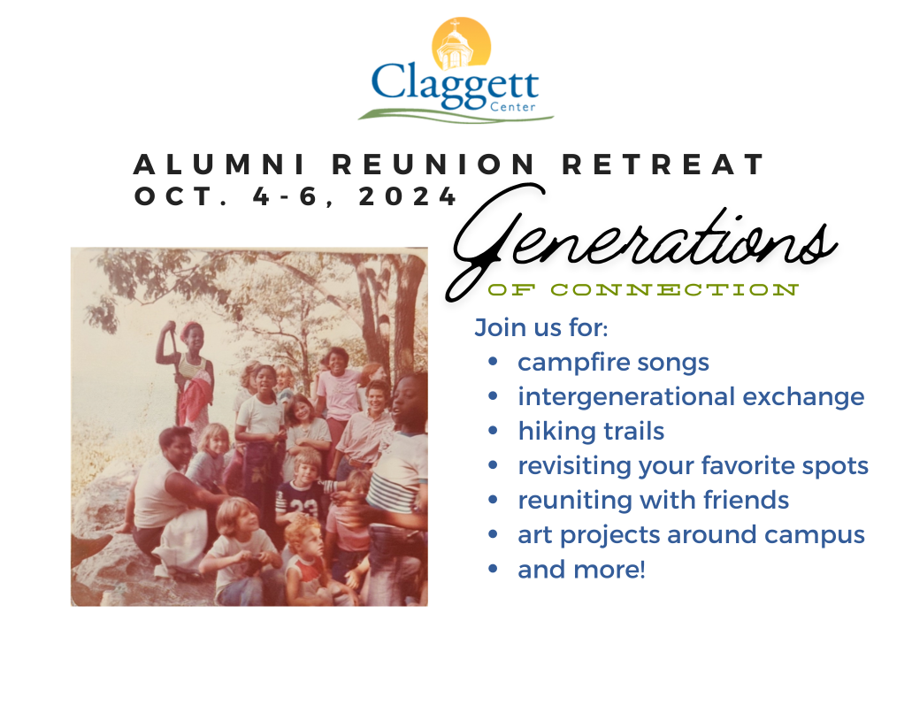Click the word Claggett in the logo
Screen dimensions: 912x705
[x=455, y=86]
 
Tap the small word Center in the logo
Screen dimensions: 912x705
[x=512, y=107]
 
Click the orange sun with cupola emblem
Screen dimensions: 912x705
[x=461, y=43]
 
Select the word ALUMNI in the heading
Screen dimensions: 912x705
[x=219, y=165]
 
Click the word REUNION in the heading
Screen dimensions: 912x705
[x=433, y=165]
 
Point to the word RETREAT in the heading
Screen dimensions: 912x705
[x=663, y=165]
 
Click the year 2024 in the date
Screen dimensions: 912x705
[x=407, y=196]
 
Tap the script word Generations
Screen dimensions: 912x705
[x=640, y=241]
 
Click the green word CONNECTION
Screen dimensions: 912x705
[x=675, y=289]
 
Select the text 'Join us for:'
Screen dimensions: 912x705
[x=540, y=327]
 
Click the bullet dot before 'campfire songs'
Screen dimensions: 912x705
[x=494, y=362]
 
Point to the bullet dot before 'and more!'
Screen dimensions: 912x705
[x=494, y=569]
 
